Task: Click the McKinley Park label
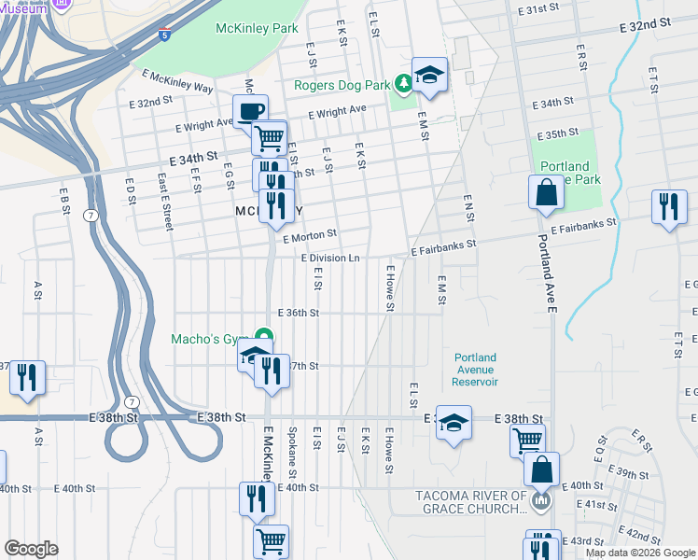pyautogui.click(x=257, y=29)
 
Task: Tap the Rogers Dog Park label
pyautogui.click(x=342, y=85)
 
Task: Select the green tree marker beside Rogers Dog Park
pyautogui.click(x=404, y=85)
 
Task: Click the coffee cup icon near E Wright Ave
pyautogui.click(x=250, y=111)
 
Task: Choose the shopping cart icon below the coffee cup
pyautogui.click(x=269, y=138)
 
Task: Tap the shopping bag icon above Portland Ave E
pyautogui.click(x=546, y=193)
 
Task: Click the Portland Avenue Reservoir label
pyautogui.click(x=476, y=370)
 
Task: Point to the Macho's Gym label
pyautogui.click(x=210, y=339)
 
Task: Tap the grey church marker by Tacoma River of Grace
pyautogui.click(x=539, y=503)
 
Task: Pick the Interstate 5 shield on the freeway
pyautogui.click(x=165, y=36)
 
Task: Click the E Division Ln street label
pyautogui.click(x=329, y=259)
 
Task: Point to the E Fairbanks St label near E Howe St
pyautogui.click(x=443, y=245)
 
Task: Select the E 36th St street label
pyautogui.click(x=299, y=314)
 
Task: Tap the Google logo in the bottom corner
pyautogui.click(x=31, y=549)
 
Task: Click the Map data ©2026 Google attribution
pyautogui.click(x=639, y=553)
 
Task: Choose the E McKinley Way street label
pyautogui.click(x=177, y=80)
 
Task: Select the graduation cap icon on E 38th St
pyautogui.click(x=454, y=423)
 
